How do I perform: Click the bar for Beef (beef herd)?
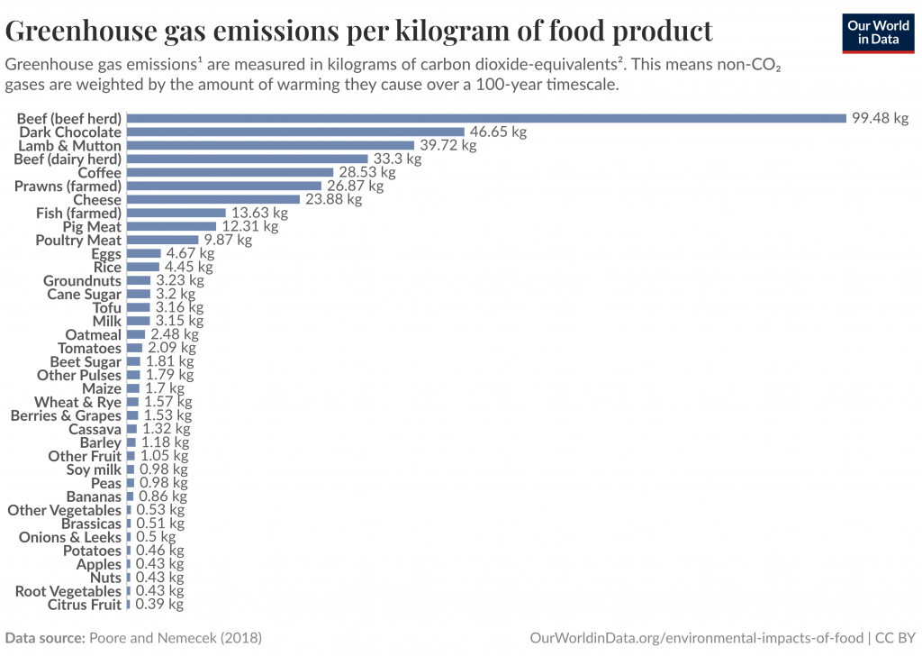click(486, 118)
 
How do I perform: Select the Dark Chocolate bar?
click(295, 132)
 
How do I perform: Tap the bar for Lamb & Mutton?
click(270, 145)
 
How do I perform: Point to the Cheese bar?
click(212, 199)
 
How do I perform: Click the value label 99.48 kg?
click(880, 118)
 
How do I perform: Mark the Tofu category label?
click(106, 307)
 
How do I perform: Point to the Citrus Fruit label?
click(84, 605)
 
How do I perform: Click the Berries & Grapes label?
click(66, 415)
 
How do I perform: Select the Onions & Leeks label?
click(70, 537)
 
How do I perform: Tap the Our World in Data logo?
click(878, 32)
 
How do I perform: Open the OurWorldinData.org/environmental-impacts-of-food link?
click(696, 638)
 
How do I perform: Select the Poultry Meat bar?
click(162, 240)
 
